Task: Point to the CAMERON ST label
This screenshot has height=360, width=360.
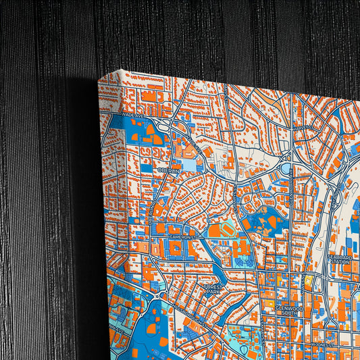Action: (x=182, y=237)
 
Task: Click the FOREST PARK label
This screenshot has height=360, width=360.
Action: (x=213, y=289)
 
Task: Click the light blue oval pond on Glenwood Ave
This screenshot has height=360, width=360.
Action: (x=286, y=167)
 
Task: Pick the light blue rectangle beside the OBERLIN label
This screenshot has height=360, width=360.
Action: (x=189, y=165)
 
